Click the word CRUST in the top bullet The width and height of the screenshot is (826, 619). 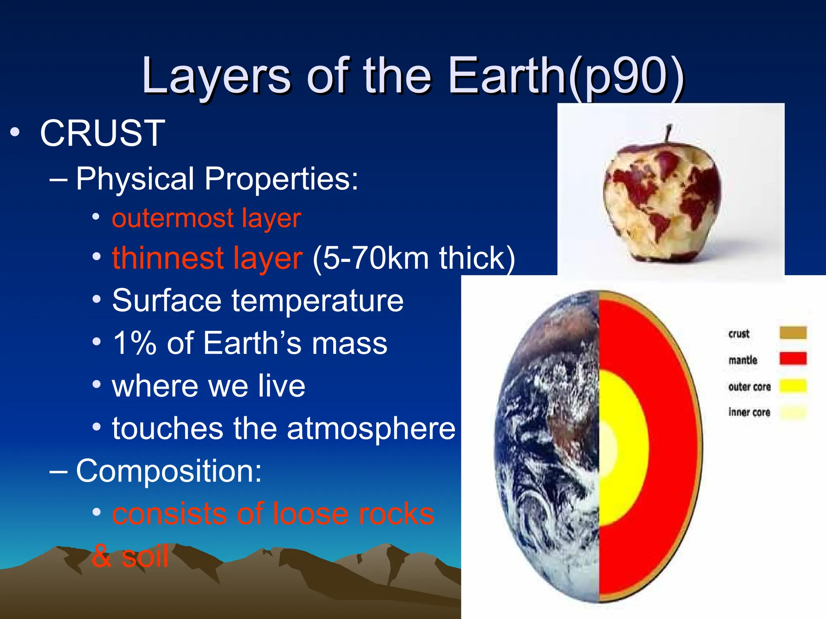102,133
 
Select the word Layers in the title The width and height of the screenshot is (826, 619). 216,77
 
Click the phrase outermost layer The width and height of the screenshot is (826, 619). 206,218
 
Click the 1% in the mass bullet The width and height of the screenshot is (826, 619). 134,343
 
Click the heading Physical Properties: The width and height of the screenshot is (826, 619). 217,179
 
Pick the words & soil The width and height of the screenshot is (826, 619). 130,557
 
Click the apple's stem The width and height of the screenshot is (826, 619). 668,133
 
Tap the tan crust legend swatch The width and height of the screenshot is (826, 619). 793,333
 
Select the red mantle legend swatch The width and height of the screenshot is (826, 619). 793,358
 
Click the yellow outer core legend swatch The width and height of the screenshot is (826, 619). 793,386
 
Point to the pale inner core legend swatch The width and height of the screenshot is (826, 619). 793,412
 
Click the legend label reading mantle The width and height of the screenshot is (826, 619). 743,360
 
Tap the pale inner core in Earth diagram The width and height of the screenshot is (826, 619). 607,447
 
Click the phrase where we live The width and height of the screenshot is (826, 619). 209,386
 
